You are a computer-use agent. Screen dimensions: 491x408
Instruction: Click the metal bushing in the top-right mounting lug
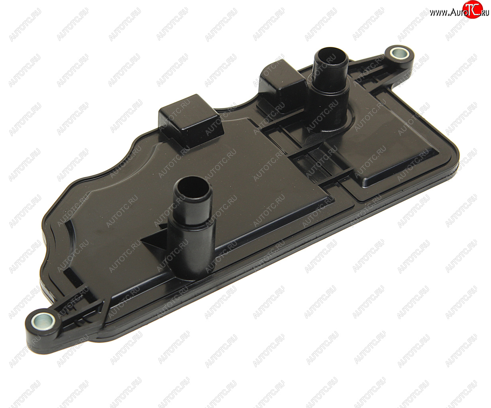coord(399,54)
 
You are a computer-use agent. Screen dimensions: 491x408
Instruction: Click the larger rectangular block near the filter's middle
coord(191,120)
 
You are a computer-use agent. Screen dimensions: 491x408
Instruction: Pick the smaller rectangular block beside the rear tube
coord(283,86)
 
